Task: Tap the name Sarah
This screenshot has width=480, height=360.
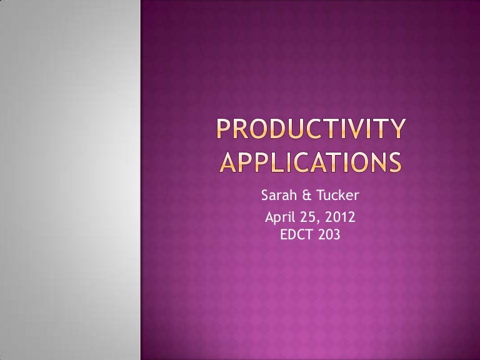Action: click(279, 198)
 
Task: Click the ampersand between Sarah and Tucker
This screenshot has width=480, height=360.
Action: click(309, 198)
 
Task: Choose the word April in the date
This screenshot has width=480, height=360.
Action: click(280, 219)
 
